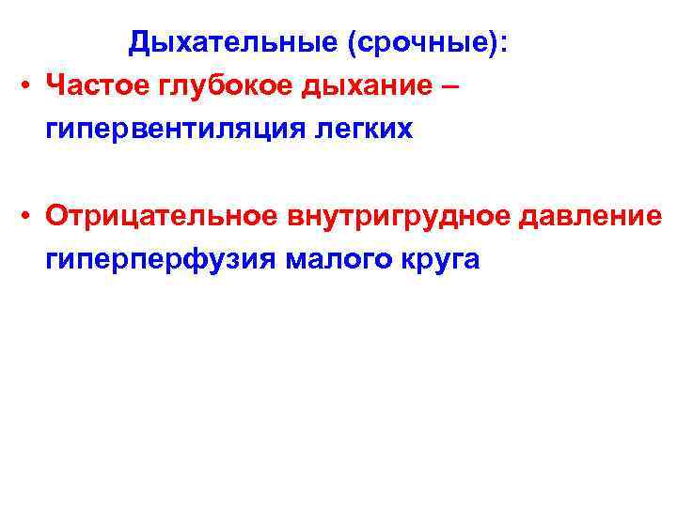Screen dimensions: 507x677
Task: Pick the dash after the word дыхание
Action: [x=450, y=85]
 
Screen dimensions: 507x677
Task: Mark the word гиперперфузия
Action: [x=157, y=260]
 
